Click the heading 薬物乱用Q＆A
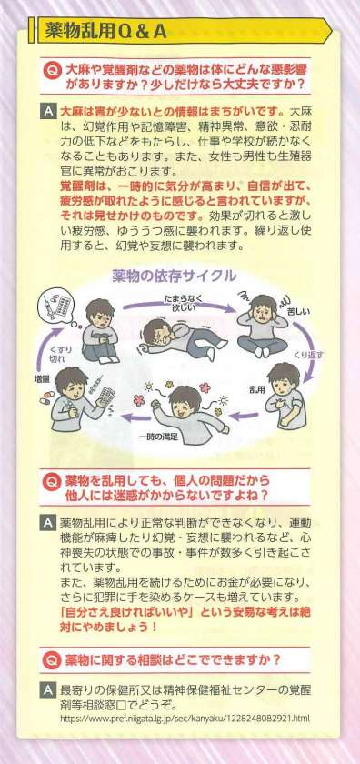pyautogui.click(x=106, y=32)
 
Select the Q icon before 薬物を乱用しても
pyautogui.click(x=50, y=481)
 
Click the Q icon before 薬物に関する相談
pyautogui.click(x=50, y=660)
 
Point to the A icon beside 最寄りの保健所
pyautogui.click(x=47, y=690)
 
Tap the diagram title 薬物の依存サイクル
pyautogui.click(x=175, y=276)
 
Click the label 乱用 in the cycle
pyautogui.click(x=256, y=387)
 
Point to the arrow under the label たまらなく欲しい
pyautogui.click(x=179, y=309)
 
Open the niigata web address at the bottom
pyautogui.click(x=185, y=718)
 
